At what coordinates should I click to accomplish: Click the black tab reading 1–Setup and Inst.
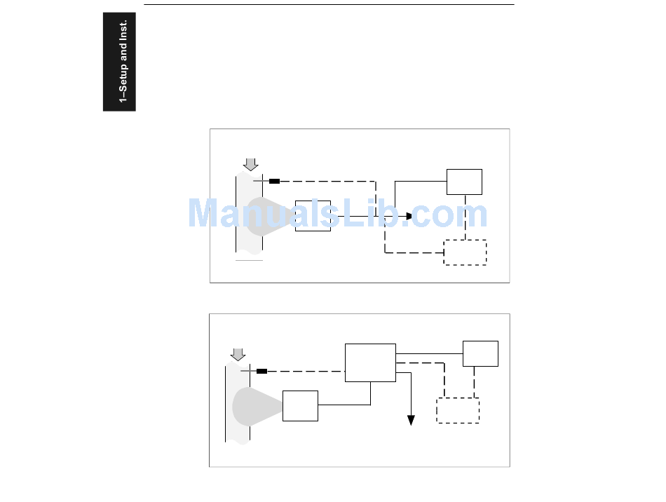(119, 62)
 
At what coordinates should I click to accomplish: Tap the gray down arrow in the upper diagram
(250, 164)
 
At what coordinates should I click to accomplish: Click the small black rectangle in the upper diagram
(274, 181)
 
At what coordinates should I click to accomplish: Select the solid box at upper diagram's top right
(464, 182)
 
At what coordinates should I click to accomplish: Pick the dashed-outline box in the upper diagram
(465, 252)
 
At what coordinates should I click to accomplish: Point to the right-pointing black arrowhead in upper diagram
(409, 216)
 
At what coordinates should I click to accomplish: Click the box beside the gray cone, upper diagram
(313, 216)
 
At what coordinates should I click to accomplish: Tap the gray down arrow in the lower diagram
(238, 353)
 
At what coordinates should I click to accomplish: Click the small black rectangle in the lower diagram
(261, 371)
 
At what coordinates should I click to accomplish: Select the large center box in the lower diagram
(370, 362)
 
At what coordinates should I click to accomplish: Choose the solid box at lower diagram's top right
(480, 353)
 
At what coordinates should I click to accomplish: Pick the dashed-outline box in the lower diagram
(458, 410)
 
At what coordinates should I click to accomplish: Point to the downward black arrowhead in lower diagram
(411, 420)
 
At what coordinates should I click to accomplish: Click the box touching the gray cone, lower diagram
(300, 406)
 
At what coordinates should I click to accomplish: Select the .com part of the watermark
(449, 214)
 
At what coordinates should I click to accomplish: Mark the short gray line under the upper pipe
(249, 260)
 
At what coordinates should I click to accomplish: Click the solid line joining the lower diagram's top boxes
(429, 353)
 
